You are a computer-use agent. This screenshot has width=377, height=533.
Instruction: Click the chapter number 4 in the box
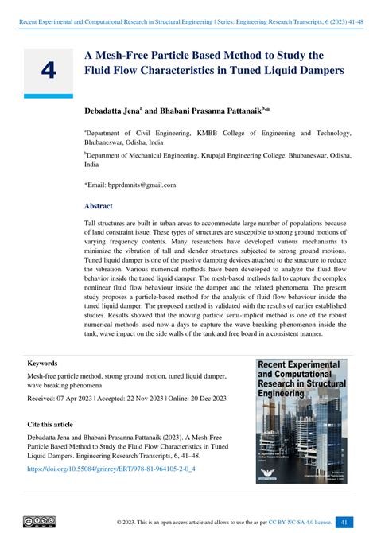tap(48, 71)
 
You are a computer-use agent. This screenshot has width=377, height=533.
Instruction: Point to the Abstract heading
tap(99, 205)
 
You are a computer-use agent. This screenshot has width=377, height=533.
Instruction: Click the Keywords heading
tap(42, 363)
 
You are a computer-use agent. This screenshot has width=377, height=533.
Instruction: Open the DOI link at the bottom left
tap(111, 469)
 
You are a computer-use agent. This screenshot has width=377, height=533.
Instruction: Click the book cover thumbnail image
tap(302, 421)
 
